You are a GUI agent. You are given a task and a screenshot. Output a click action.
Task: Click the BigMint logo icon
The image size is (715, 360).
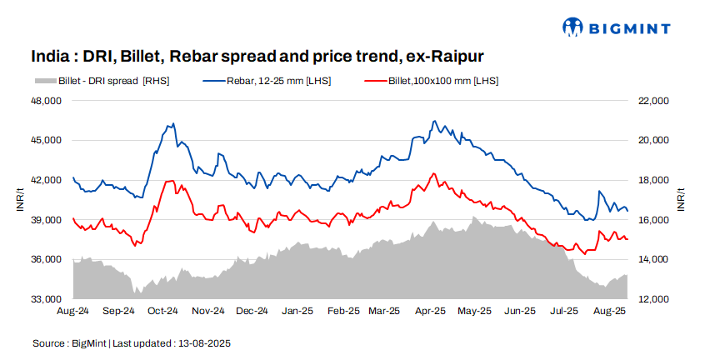(x=573, y=27)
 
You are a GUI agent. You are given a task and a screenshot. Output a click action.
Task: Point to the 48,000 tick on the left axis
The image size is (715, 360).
(x=47, y=101)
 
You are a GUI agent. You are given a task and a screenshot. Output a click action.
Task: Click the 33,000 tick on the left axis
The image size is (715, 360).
(x=47, y=299)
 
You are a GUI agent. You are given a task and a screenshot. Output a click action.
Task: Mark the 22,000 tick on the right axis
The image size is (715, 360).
(x=654, y=101)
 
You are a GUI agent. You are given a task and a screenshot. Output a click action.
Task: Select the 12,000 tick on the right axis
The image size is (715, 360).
(x=654, y=299)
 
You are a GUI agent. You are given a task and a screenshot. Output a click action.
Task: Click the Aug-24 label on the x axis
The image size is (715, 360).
(x=72, y=312)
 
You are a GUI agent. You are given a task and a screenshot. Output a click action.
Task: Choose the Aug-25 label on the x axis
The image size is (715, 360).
(x=609, y=312)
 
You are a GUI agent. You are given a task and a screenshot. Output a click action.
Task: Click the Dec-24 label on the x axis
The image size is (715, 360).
(x=252, y=312)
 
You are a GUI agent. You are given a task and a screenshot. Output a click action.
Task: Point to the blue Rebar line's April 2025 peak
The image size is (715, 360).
(x=434, y=121)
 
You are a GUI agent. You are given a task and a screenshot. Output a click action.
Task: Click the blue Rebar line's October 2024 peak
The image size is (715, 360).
(x=172, y=124)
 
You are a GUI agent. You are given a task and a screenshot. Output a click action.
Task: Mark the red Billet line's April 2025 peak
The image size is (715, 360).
(x=432, y=173)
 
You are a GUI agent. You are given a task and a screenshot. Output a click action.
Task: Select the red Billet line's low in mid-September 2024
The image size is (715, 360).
(x=137, y=245)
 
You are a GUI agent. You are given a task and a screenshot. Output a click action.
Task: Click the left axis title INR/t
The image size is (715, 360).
(x=20, y=200)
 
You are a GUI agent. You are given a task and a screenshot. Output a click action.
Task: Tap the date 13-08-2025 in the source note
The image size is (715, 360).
(x=203, y=343)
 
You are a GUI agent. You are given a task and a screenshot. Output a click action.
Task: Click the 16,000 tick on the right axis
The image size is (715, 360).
(x=654, y=220)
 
